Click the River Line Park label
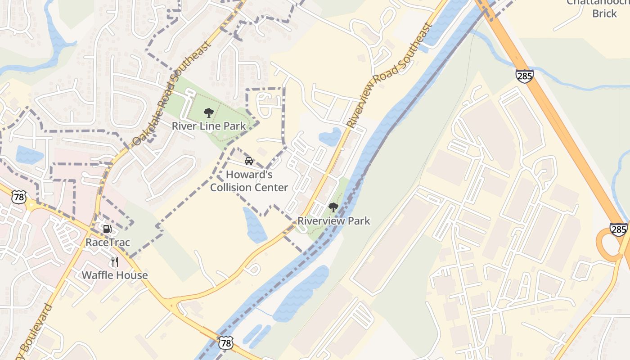(x=209, y=126)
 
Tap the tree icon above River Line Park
(x=208, y=112)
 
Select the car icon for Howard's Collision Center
(x=248, y=161)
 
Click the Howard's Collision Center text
(x=249, y=181)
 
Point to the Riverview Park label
(x=334, y=221)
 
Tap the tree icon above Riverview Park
(x=333, y=207)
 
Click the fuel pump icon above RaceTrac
(x=107, y=229)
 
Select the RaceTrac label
(x=108, y=243)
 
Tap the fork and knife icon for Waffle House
(x=115, y=261)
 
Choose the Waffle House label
(x=115, y=275)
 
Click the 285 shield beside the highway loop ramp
(x=619, y=229)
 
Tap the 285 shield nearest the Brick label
(x=525, y=76)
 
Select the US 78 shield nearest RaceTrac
(x=20, y=197)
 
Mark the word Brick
(x=604, y=13)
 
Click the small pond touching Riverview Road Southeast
(x=330, y=137)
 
